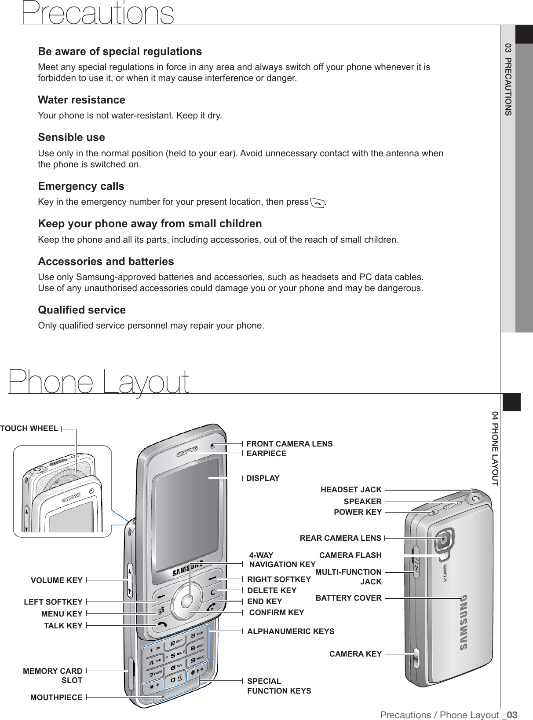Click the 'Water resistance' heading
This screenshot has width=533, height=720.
tap(81, 100)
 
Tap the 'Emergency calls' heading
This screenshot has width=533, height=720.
tap(81, 186)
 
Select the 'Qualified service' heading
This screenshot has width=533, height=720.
tap(82, 310)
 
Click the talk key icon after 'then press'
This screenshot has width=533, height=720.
tap(317, 203)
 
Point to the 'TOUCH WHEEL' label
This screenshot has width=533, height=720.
tap(29, 428)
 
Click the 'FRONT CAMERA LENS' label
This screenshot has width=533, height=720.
tap(289, 444)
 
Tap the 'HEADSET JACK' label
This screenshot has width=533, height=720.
tap(351, 490)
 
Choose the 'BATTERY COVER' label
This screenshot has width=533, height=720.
tap(348, 598)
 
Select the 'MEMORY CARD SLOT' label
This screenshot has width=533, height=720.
tap(53, 676)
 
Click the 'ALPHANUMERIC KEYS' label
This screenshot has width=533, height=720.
tap(291, 631)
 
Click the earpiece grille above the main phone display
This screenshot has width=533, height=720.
tap(187, 452)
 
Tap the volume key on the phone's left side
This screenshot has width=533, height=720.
tap(130, 580)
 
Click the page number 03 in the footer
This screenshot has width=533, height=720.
tap(511, 715)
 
